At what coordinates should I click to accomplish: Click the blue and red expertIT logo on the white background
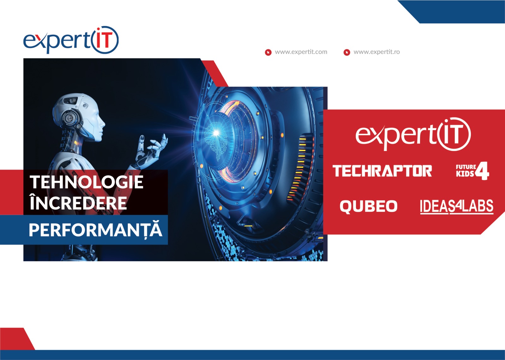(x=71, y=40)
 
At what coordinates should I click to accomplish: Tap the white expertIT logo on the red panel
(x=413, y=134)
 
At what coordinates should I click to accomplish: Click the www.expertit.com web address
(x=301, y=52)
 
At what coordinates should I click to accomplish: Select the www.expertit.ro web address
(x=377, y=52)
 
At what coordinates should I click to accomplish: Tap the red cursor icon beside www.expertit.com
(x=268, y=52)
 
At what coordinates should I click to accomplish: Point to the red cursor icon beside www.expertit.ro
(x=347, y=52)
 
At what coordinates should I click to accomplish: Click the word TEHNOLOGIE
(x=86, y=182)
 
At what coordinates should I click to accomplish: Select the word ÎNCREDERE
(x=78, y=202)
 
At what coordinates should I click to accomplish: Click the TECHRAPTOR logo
(x=382, y=171)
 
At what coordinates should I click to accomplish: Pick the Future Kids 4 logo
(x=472, y=171)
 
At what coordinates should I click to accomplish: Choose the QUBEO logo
(x=369, y=206)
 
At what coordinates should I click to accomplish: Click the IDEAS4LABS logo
(x=457, y=207)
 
